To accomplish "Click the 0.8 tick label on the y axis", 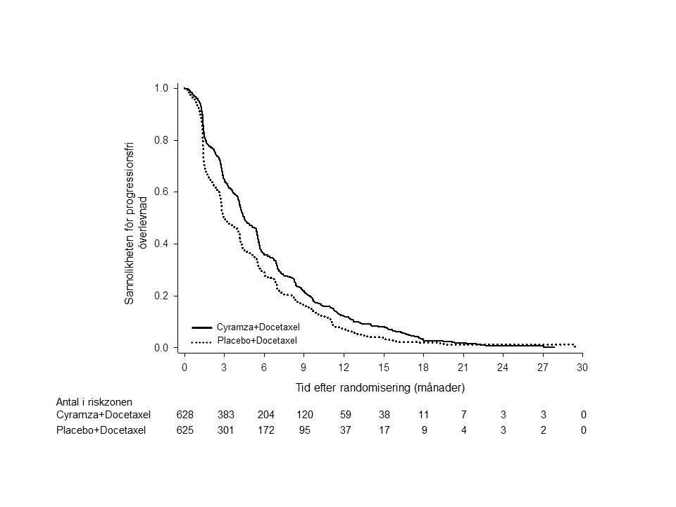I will click(x=161, y=140).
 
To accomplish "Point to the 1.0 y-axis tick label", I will click(x=161, y=88).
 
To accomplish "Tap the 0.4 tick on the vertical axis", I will click(x=161, y=244).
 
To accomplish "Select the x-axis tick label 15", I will click(x=384, y=368).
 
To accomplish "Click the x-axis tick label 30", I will click(x=582, y=368).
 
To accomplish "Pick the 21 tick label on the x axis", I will click(x=463, y=368).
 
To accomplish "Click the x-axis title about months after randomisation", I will click(x=381, y=387).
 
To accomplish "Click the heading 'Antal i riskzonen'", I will click(x=94, y=401).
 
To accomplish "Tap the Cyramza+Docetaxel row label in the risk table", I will click(x=104, y=415).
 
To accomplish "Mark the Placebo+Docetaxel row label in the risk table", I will click(x=101, y=430).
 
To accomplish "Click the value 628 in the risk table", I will click(x=184, y=415).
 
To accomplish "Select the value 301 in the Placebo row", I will click(x=224, y=430).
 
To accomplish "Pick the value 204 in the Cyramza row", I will click(x=264, y=415).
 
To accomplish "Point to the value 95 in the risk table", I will click(x=304, y=430).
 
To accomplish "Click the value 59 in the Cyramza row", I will click(x=344, y=415).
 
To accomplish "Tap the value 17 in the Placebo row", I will click(x=384, y=430).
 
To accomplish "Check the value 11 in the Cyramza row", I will click(x=424, y=415).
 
